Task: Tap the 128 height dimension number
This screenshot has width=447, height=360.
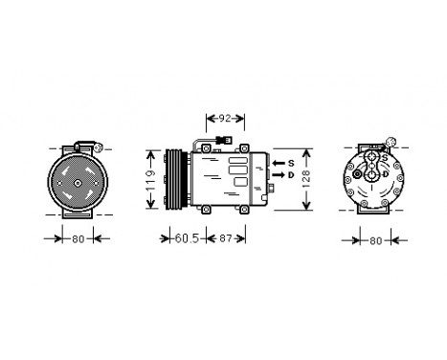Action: [306, 178]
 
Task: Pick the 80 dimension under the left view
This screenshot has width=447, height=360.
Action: [77, 239]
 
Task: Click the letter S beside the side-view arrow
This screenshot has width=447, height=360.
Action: [291, 165]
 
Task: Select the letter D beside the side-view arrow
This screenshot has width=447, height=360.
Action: [291, 176]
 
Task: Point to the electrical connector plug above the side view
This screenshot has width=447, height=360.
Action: [222, 146]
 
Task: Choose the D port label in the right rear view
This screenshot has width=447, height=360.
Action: [385, 175]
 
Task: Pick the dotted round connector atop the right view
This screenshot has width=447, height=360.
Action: [391, 146]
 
